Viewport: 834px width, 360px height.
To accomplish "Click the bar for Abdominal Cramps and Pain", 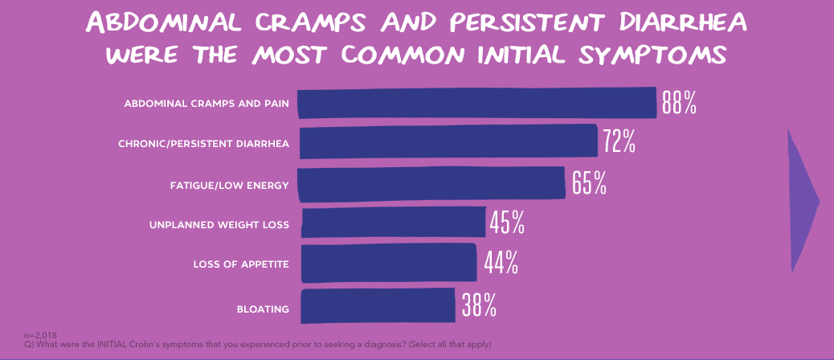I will tap(477, 103).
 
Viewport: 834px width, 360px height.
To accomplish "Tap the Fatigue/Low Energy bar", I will tap(431, 184).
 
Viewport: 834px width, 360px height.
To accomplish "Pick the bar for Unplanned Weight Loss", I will tap(393, 223).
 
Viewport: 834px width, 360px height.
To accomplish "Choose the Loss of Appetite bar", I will tap(389, 264).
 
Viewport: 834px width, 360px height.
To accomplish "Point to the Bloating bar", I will tap(378, 305).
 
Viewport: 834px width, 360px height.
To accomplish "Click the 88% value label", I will tap(679, 103).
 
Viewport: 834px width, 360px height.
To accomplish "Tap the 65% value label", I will tap(589, 184).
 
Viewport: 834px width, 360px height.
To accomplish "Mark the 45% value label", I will tap(507, 223).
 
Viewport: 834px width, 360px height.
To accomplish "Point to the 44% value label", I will tap(501, 263).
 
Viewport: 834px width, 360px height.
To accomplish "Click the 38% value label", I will tap(479, 305).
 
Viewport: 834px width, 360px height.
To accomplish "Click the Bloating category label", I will tap(263, 308).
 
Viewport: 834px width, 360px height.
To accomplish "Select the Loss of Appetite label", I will tap(241, 264).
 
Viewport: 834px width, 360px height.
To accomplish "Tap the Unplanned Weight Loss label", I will tap(219, 225).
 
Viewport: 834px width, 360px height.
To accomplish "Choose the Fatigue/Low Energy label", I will tap(229, 186).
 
